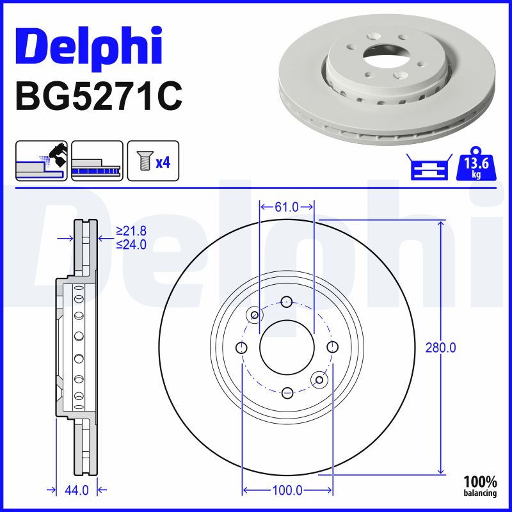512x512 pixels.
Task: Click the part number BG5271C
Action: tap(98, 95)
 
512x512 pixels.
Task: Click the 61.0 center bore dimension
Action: tap(287, 207)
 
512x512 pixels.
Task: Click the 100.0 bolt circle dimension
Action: tap(287, 490)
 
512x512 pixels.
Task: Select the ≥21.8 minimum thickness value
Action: tap(131, 232)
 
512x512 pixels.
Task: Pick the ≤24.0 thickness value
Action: tap(131, 244)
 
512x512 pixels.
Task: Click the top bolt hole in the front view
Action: tap(287, 302)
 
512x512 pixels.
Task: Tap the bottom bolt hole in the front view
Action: tap(287, 392)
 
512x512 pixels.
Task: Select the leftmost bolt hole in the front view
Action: tap(242, 347)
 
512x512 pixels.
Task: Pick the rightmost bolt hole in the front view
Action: tap(332, 347)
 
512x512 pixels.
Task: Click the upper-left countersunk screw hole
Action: tap(255, 315)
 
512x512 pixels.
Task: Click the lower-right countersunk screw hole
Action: tap(318, 380)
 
